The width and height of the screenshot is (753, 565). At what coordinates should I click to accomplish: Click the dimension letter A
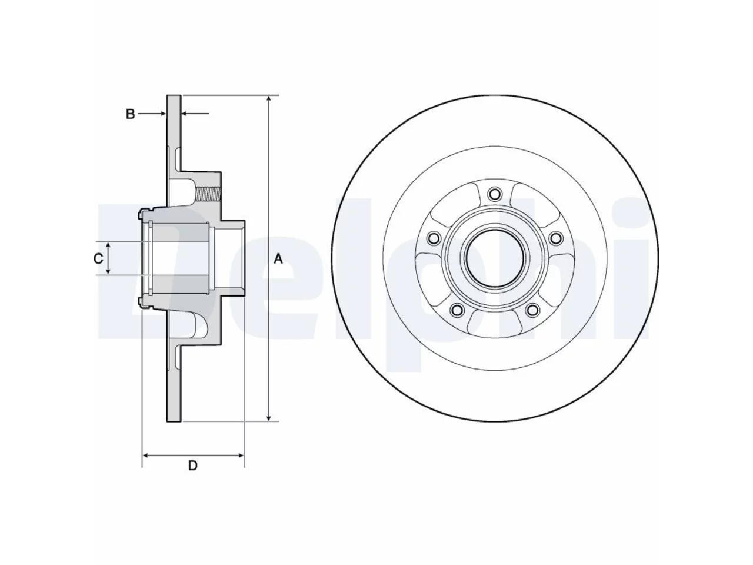tap(278, 258)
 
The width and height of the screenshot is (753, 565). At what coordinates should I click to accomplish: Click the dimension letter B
tap(131, 114)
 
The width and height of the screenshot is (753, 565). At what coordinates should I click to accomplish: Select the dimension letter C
tap(98, 258)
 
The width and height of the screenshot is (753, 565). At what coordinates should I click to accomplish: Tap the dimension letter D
tap(193, 466)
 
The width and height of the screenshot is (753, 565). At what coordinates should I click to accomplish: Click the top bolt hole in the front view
tap(494, 194)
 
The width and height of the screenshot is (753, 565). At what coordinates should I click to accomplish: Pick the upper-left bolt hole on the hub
tap(434, 238)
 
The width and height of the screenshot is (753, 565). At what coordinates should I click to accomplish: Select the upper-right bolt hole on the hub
tap(556, 238)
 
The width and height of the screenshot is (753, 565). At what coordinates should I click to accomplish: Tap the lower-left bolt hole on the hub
tap(457, 310)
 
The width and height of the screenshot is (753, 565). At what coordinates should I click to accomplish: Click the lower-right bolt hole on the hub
tap(532, 310)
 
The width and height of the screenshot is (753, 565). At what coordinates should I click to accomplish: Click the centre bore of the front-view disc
tap(495, 258)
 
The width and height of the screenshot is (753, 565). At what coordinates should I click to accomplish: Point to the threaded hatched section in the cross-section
tap(208, 194)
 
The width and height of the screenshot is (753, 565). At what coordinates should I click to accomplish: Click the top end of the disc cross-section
tap(174, 97)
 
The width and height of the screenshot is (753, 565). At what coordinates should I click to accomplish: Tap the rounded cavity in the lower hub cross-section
tap(199, 325)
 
